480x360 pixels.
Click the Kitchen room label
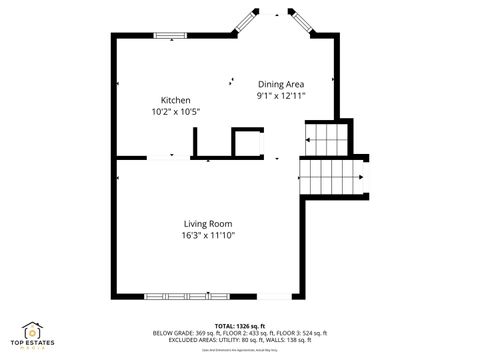click(176, 100)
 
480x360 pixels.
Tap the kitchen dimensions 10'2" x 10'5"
click(176, 111)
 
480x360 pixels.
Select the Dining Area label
click(281, 84)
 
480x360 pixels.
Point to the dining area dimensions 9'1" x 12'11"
click(281, 96)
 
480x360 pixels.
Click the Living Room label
click(208, 223)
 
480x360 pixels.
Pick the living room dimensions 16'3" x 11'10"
click(208, 235)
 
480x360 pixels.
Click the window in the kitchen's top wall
click(170, 37)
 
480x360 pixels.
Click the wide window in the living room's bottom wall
click(179, 296)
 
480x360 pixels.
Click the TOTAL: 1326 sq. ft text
click(240, 325)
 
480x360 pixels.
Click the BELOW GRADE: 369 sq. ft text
click(185, 332)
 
